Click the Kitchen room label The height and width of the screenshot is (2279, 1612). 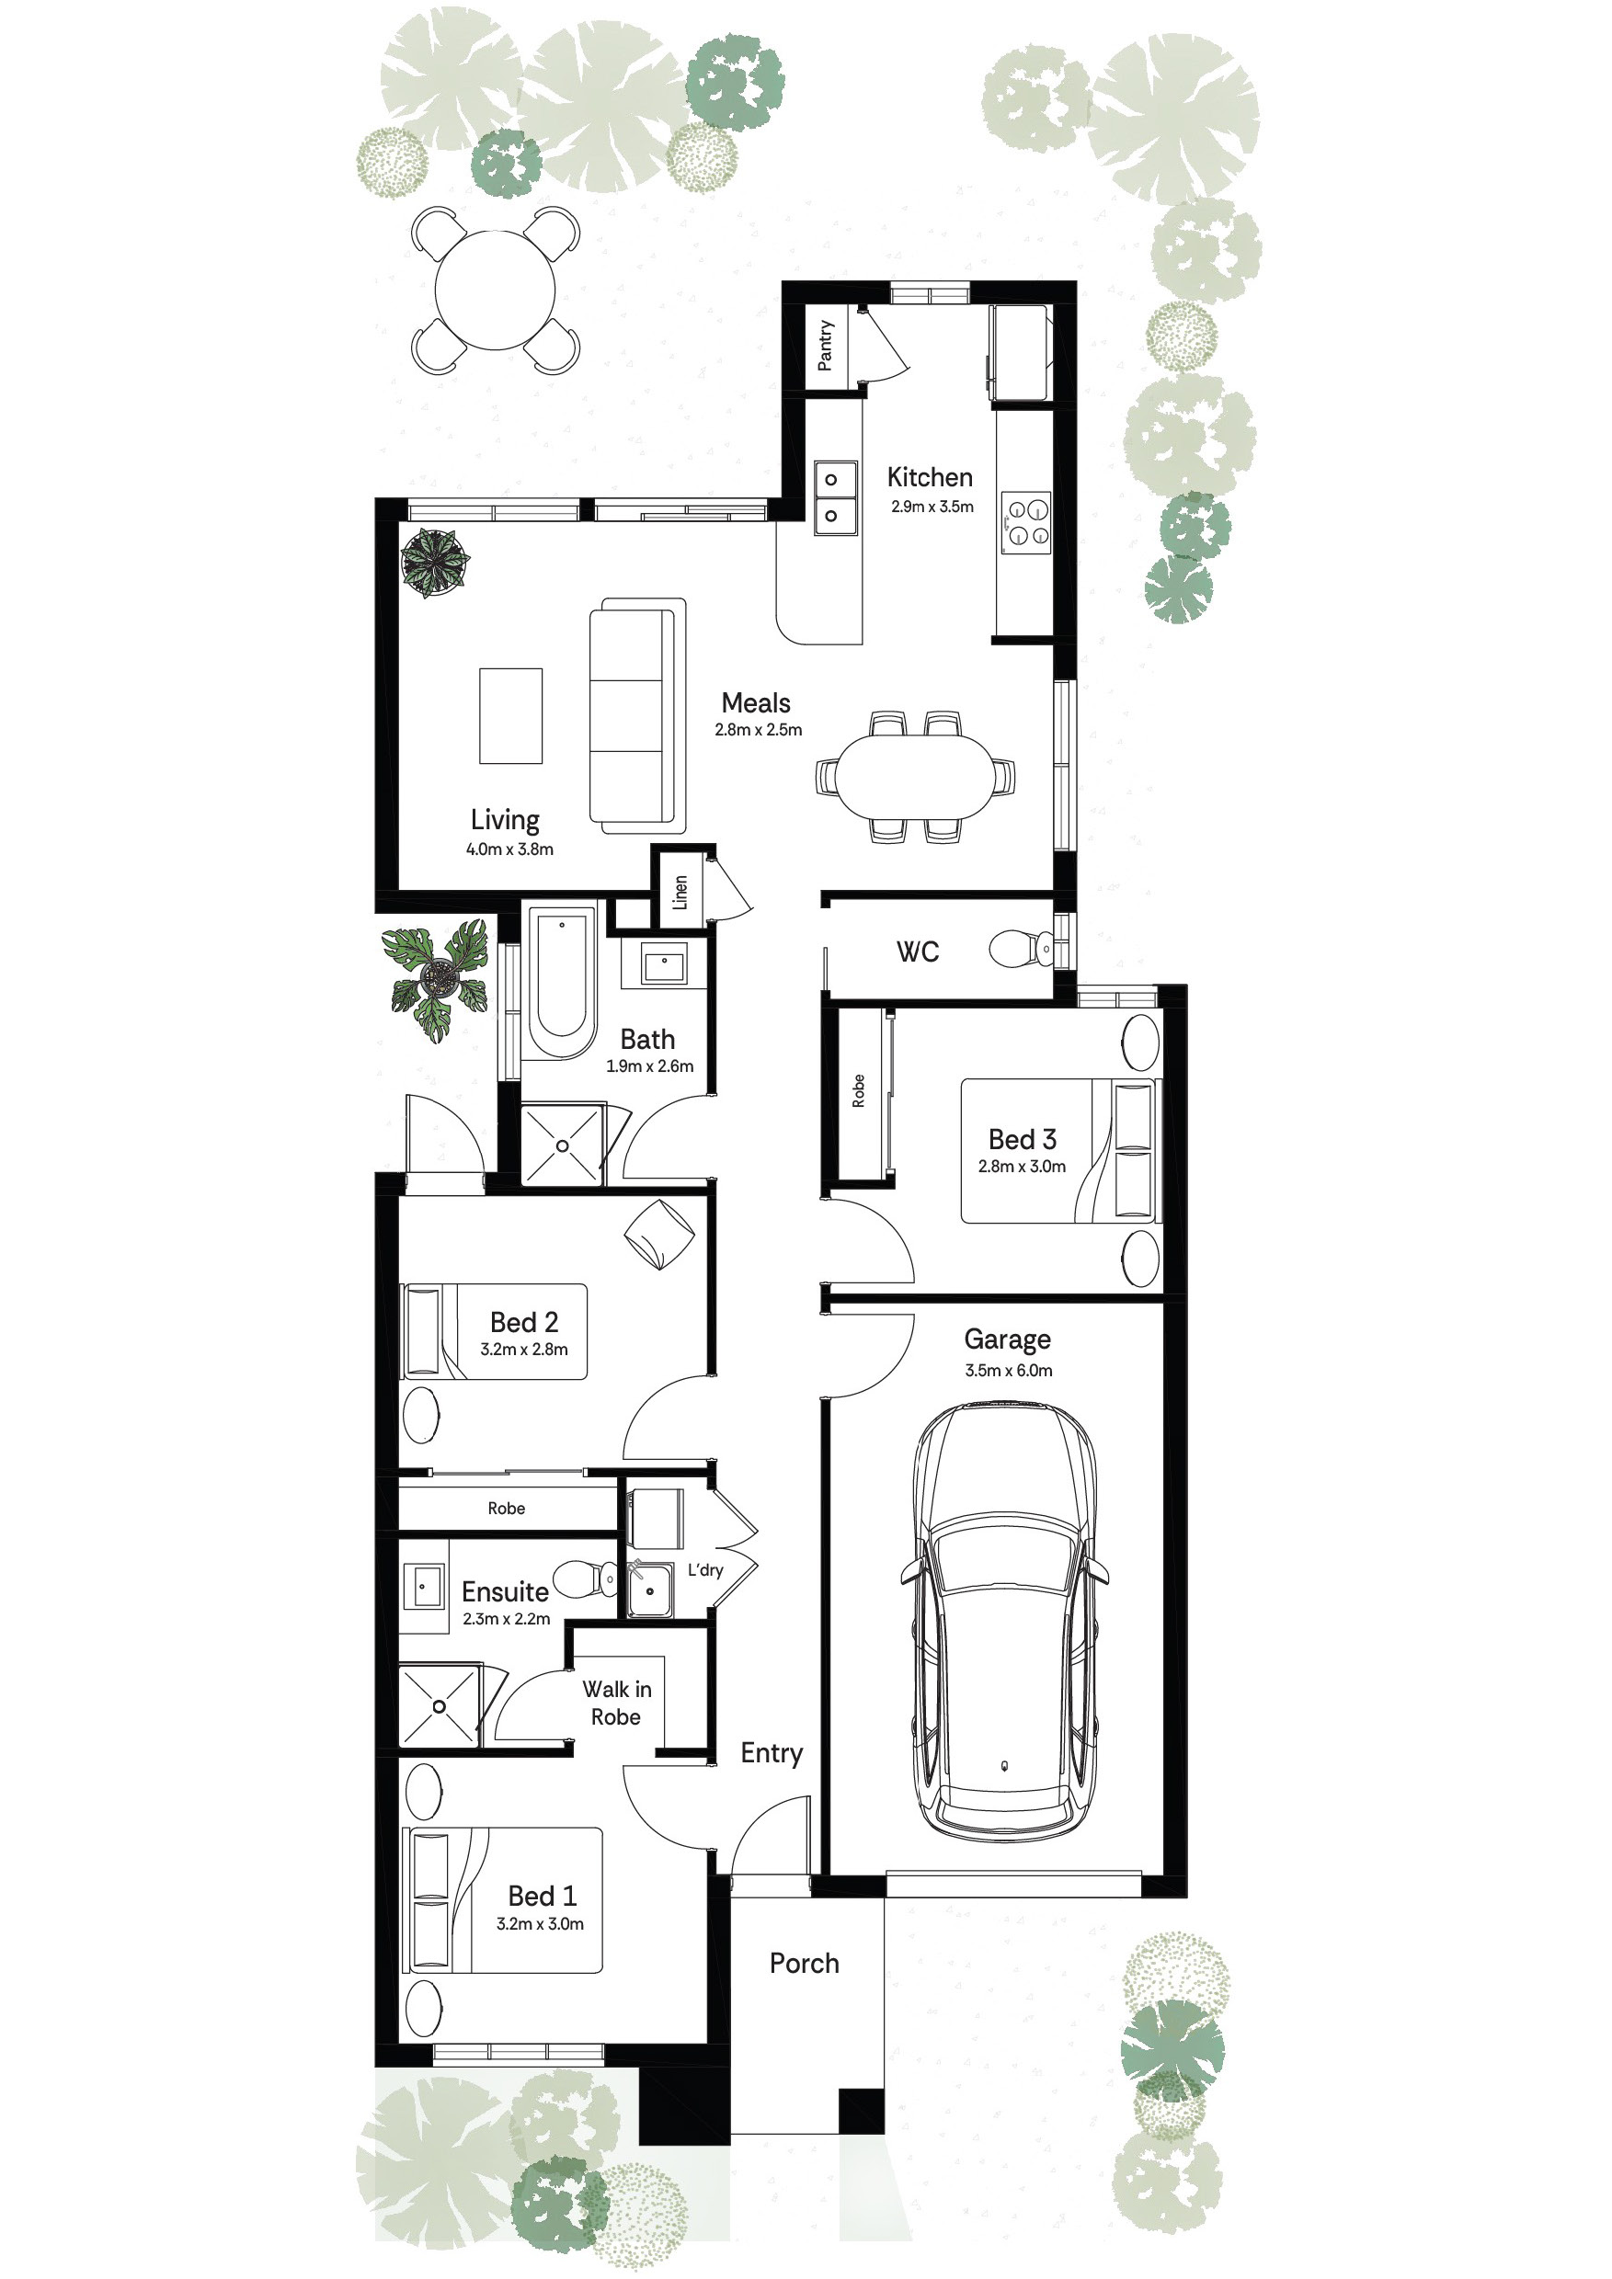point(929,477)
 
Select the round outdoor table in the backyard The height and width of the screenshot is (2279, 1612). point(496,290)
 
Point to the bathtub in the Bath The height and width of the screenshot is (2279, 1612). point(561,983)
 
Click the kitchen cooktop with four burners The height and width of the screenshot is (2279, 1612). point(1026,522)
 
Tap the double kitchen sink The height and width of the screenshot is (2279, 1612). point(835,498)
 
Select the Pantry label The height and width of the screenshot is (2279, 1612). point(825,346)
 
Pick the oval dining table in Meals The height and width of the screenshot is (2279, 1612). point(914,776)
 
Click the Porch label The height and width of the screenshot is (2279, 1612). point(804,1964)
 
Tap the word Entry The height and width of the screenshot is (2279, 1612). point(772,1754)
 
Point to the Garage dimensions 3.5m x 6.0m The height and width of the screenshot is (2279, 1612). point(1009,1371)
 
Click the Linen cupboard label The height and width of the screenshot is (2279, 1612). point(680,892)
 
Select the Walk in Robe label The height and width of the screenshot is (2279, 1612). point(616,1704)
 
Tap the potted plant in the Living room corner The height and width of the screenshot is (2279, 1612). point(435,562)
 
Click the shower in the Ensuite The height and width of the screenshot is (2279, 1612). point(439,1706)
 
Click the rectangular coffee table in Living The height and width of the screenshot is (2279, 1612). point(511,715)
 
